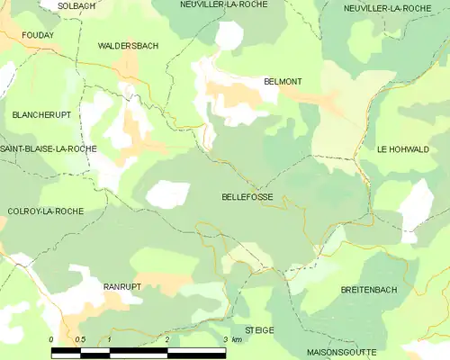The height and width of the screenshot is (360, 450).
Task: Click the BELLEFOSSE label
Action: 247,196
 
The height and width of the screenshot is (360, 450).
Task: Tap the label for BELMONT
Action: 283,81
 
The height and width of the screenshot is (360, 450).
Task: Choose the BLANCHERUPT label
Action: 41,115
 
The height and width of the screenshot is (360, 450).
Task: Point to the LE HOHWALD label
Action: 403,149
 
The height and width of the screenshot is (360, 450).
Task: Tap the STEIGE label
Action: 259,330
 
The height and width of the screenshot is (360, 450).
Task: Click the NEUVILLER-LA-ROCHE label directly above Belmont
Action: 220,5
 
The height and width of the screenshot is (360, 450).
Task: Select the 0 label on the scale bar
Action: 51,339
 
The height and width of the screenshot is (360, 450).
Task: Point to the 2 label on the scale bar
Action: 167,339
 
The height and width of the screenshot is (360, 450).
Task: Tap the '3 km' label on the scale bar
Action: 231,339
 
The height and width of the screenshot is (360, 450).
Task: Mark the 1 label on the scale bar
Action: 109,339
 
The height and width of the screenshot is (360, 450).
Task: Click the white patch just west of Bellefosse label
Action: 168,193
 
